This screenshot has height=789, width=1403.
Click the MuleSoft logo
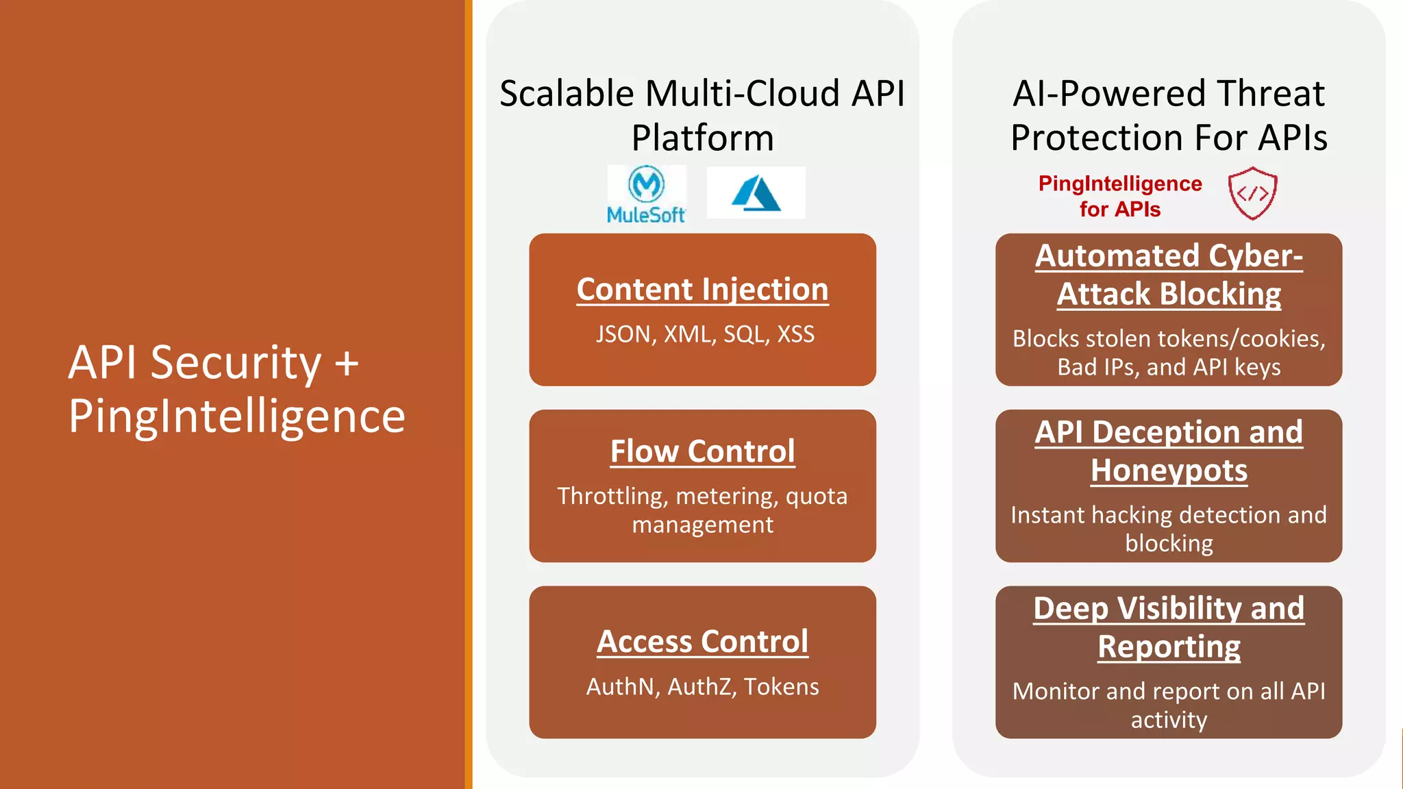(x=646, y=194)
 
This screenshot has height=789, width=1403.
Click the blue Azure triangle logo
(x=756, y=192)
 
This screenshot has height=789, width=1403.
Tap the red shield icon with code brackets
(x=1252, y=193)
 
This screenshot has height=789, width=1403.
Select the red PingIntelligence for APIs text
(x=1120, y=196)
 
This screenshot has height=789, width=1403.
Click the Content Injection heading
(x=702, y=289)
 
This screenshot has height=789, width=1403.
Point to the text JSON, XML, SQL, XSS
(x=705, y=334)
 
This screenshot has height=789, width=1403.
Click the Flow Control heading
(x=702, y=451)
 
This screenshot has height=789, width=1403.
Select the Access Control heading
(x=702, y=642)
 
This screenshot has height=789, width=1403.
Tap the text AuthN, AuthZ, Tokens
(x=702, y=686)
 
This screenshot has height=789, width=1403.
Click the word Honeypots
(x=1169, y=471)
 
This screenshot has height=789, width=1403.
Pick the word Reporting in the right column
(x=1169, y=647)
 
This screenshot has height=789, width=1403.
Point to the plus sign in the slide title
(x=347, y=362)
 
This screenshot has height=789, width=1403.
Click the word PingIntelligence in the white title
(x=237, y=416)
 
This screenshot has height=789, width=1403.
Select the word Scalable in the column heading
(x=567, y=93)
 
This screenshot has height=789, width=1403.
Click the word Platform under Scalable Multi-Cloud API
(x=702, y=138)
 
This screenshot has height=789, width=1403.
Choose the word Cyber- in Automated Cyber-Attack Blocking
(x=1255, y=255)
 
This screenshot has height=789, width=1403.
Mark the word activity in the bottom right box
(x=1169, y=720)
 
